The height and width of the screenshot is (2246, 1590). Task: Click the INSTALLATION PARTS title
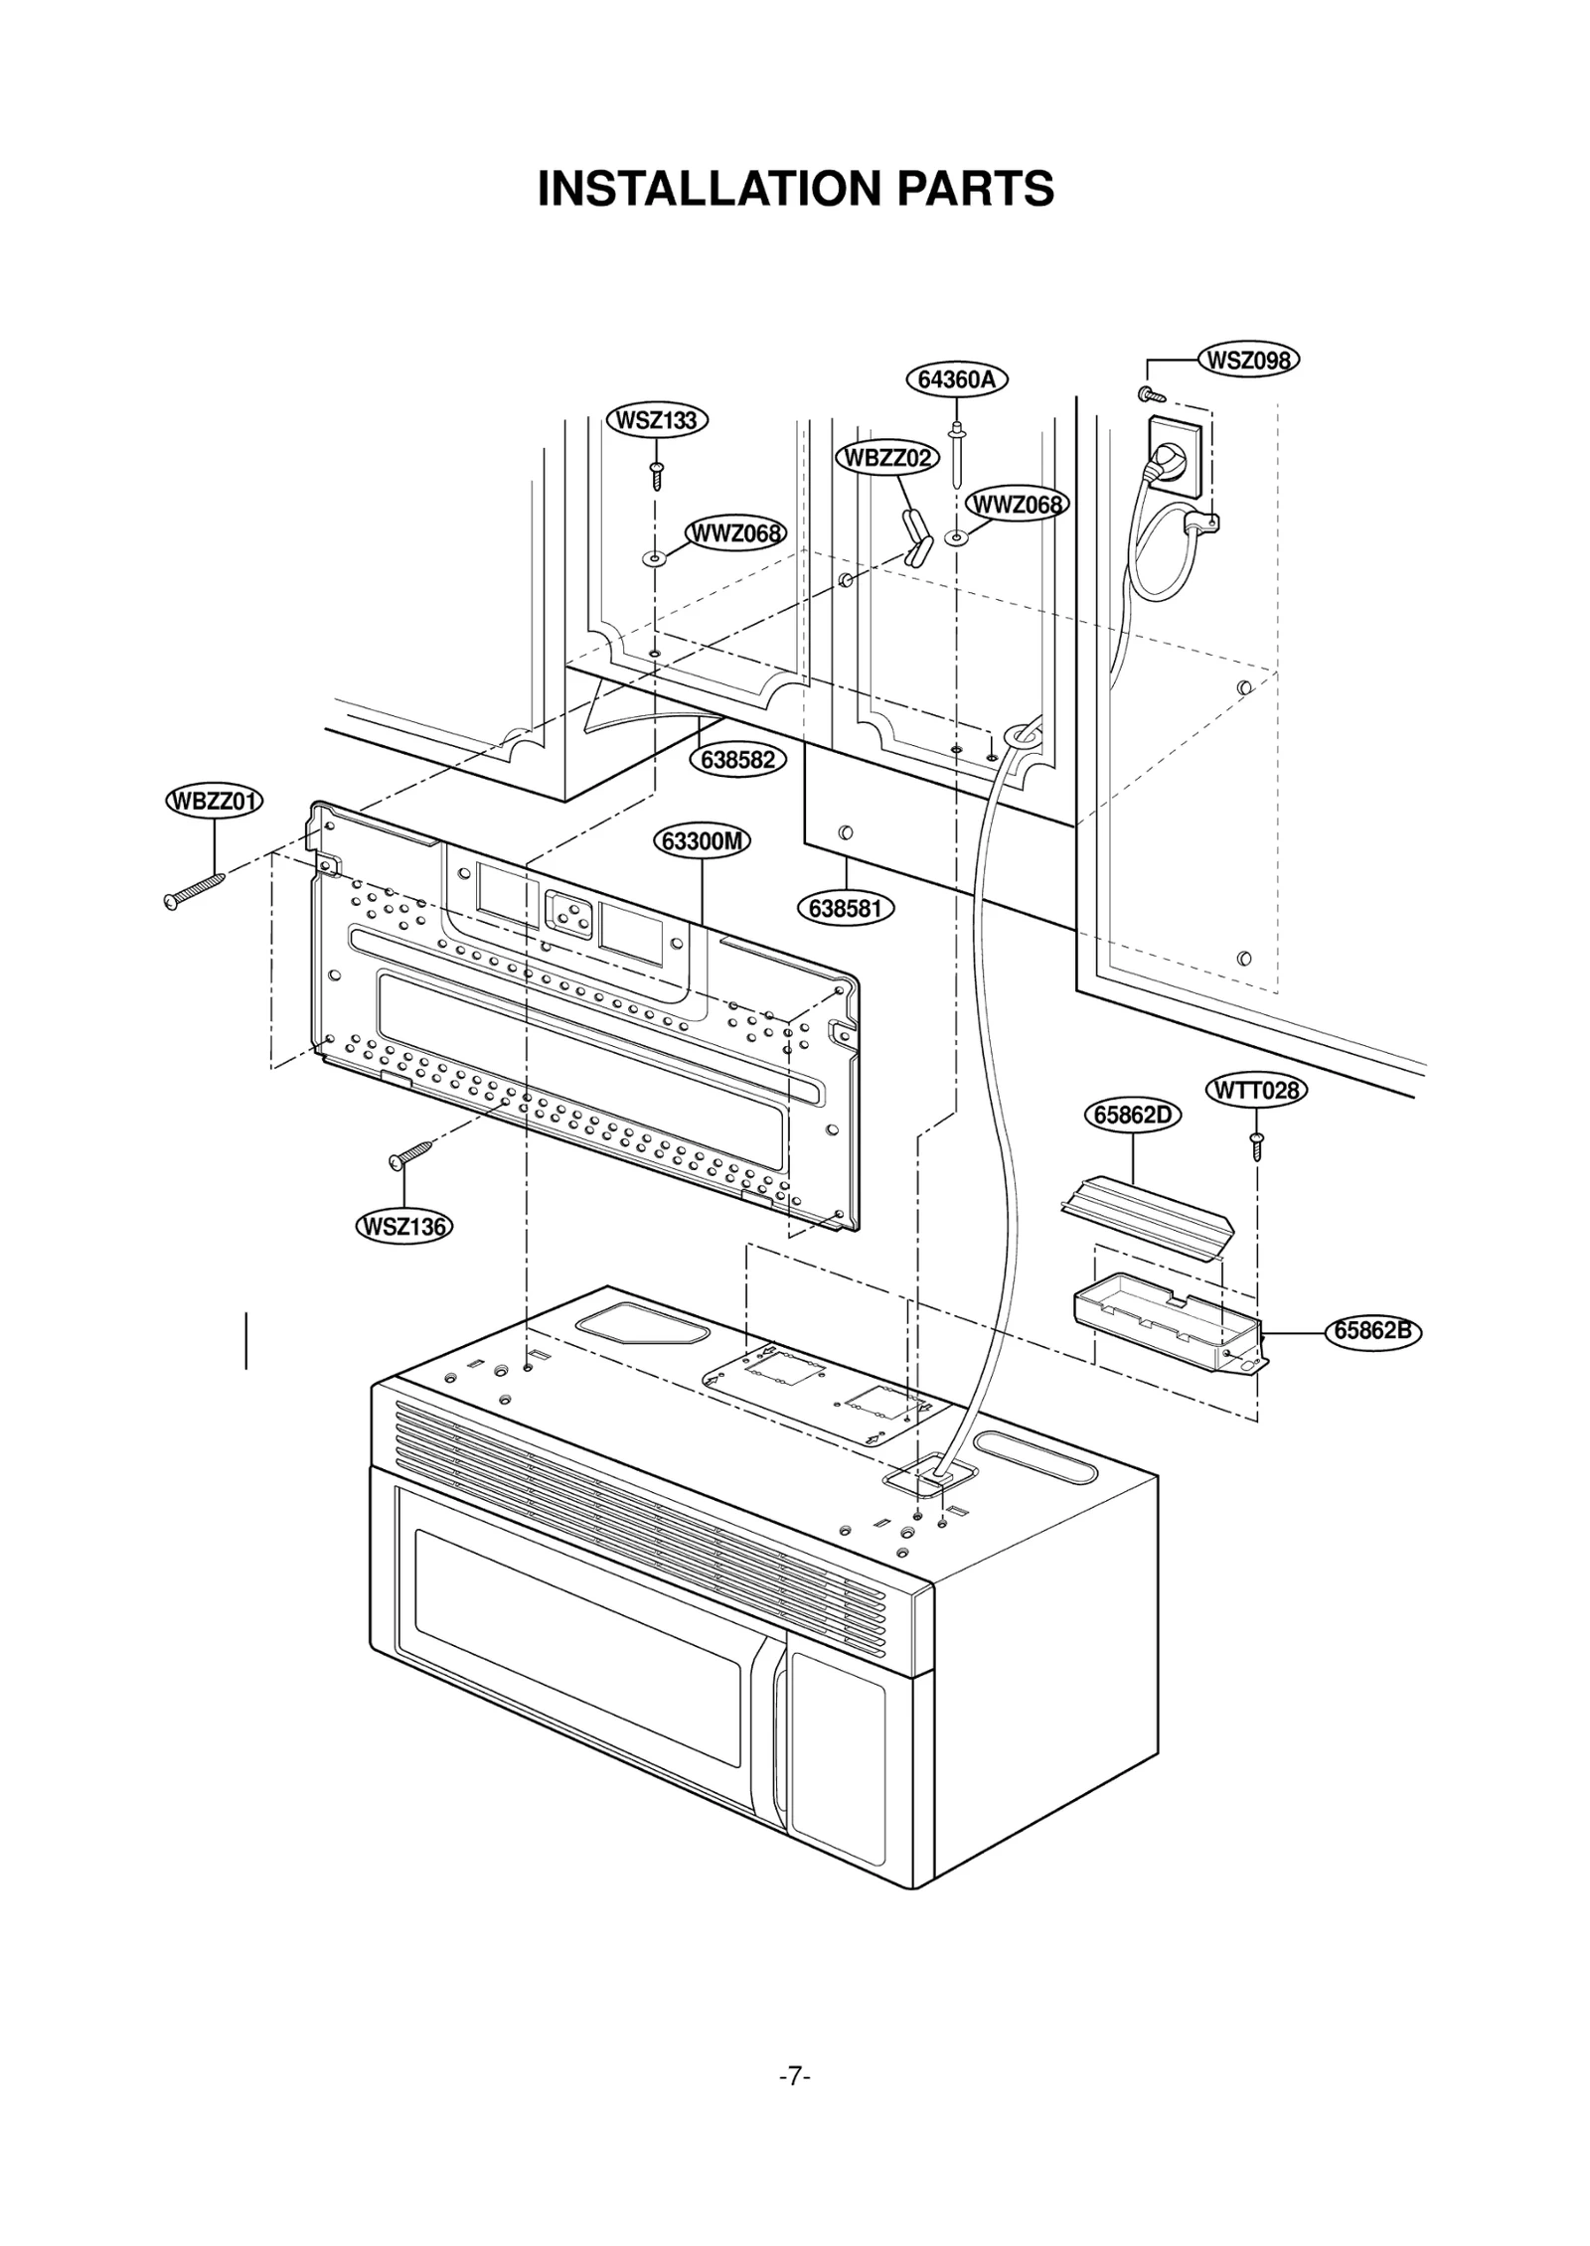[795, 189]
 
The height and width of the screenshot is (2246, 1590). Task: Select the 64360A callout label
[956, 378]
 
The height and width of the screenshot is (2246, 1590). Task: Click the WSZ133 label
[657, 420]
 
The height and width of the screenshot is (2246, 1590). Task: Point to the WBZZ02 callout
[887, 458]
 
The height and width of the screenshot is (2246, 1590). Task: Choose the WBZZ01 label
[214, 802]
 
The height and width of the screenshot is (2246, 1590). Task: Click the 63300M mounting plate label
[702, 841]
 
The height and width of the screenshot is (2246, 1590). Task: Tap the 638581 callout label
[846, 908]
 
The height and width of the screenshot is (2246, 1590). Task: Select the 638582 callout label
[737, 760]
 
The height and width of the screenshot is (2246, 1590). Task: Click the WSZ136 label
[403, 1227]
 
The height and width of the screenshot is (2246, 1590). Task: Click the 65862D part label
[1132, 1116]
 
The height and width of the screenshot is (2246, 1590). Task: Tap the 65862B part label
[1372, 1330]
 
